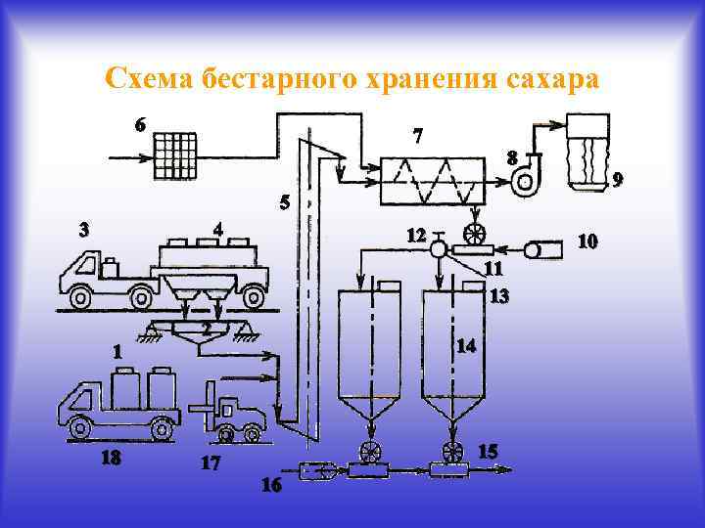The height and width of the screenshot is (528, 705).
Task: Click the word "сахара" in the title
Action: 548,78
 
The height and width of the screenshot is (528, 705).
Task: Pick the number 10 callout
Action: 587,241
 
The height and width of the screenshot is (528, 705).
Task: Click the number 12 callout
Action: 416,236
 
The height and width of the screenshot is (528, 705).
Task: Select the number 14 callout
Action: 466,346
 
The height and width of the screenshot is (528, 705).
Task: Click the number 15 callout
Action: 488,451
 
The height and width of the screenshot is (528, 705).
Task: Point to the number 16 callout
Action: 270,485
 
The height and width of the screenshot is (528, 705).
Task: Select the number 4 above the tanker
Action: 218,231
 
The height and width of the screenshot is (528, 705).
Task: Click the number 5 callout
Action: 284,204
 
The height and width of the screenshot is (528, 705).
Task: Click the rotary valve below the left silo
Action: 370,452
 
